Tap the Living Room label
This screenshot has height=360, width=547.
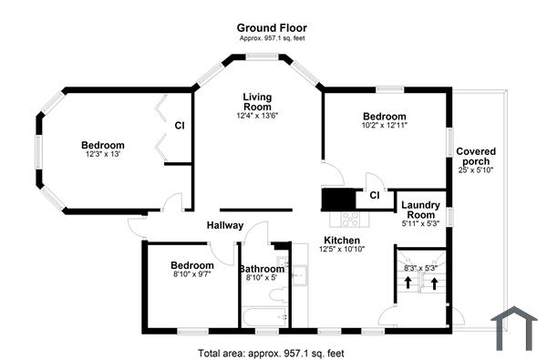(258, 101)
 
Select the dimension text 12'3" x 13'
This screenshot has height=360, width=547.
(102, 155)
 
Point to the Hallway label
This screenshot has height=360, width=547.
(224, 226)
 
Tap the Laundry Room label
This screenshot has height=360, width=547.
(421, 211)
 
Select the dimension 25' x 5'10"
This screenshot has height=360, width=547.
(476, 170)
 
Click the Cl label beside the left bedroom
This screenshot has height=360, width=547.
(180, 126)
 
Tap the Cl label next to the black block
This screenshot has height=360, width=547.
(375, 195)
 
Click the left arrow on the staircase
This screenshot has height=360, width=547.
(407, 283)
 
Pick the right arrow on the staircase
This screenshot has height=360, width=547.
(434, 283)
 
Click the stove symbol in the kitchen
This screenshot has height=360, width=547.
(350, 219)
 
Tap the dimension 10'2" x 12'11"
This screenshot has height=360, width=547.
(385, 125)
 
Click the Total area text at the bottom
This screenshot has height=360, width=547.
(271, 352)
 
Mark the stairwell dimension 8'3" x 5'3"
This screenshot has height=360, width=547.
(420, 268)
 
